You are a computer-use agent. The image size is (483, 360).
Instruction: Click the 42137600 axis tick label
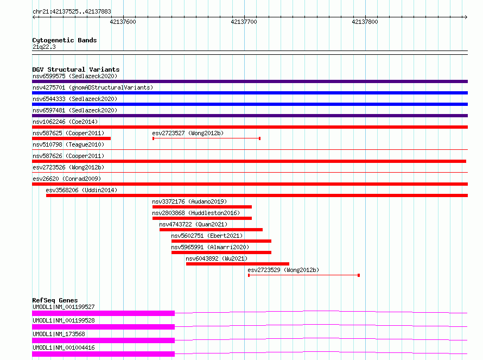123,22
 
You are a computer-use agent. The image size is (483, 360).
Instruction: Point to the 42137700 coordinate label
244,22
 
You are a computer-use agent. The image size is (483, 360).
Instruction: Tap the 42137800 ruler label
365,22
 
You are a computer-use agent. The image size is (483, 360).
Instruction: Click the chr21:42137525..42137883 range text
72,11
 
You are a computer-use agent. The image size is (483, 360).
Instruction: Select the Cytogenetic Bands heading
65,40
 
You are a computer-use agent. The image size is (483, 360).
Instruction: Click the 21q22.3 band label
44,47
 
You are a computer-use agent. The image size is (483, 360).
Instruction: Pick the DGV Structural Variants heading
76,70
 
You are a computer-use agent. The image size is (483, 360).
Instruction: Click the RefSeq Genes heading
55,300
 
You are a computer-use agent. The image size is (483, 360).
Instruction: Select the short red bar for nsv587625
71,138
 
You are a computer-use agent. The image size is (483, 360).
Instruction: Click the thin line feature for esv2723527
206,138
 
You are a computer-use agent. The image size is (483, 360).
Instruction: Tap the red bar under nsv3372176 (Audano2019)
202,207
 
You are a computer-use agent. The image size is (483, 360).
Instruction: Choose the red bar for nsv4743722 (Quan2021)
211,230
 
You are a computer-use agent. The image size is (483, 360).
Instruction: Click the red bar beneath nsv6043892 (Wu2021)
238,264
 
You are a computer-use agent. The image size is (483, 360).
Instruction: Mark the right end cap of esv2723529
359,275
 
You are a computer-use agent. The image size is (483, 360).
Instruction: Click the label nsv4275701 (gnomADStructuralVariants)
93,87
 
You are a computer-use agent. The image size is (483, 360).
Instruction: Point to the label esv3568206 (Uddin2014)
81,190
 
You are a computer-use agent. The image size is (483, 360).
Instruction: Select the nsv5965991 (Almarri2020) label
210,247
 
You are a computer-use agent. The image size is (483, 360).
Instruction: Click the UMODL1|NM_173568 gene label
59,334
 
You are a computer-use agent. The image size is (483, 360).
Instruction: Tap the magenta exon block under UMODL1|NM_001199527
103,313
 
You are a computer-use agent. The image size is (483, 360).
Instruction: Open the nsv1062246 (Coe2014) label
65,122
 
